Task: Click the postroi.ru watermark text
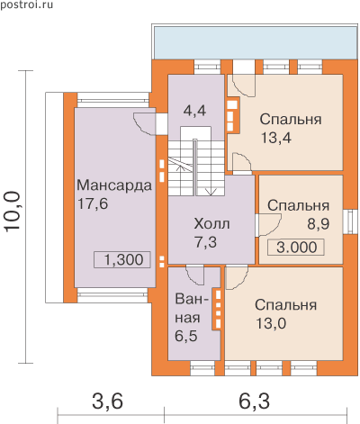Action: coord(26,5)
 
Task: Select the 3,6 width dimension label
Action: coord(107,401)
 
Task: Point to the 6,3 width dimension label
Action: coord(254,401)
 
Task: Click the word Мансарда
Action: coord(114,185)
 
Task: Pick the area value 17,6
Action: coord(93,203)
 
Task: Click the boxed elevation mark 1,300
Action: coord(122,259)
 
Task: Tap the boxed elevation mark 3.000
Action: coord(296,248)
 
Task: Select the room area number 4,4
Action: coord(194,111)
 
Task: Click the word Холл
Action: coord(212,224)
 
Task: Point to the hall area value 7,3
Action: coord(206,242)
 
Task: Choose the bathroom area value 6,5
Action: coord(186,336)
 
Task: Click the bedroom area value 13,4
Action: coord(276,138)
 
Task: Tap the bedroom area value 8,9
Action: coord(318,224)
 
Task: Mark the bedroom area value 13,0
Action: coord(271,323)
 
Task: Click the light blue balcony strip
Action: coord(254,43)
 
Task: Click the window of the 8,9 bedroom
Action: coord(350,221)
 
